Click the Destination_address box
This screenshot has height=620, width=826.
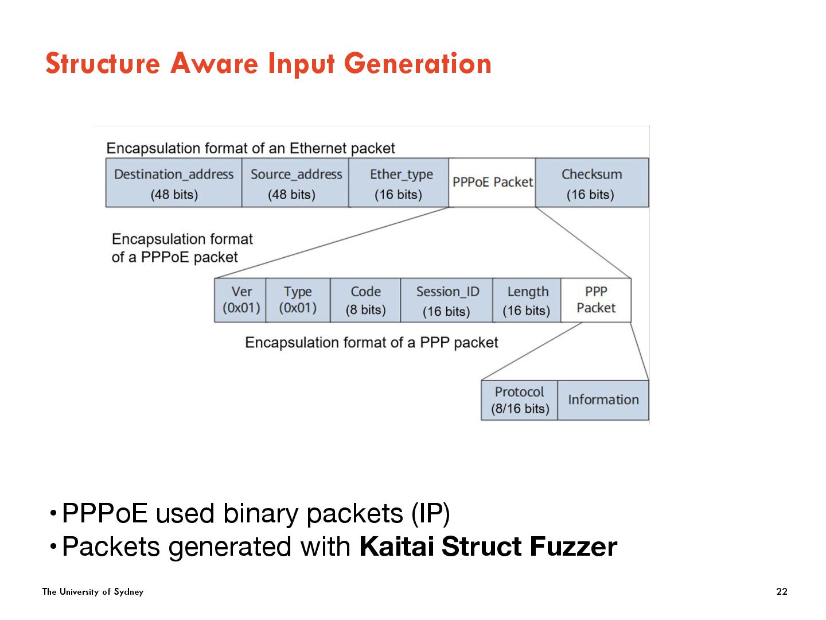click(174, 183)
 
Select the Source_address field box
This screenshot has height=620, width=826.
click(295, 183)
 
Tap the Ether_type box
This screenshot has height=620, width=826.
click(399, 183)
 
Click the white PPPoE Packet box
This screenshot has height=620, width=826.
click(492, 183)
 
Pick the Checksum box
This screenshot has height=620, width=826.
click(591, 183)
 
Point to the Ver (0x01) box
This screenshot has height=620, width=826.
click(241, 300)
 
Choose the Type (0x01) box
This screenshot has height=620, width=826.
click(298, 300)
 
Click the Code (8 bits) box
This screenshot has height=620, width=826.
click(365, 300)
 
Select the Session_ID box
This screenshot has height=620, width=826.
click(447, 300)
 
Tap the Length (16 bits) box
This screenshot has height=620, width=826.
click(527, 300)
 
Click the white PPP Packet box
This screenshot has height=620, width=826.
click(596, 300)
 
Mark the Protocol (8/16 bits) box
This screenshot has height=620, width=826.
click(520, 400)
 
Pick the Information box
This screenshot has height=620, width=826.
click(603, 400)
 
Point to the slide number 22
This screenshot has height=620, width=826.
click(782, 591)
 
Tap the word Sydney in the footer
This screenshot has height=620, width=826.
click(128, 592)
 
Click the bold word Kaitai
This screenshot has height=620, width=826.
click(396, 547)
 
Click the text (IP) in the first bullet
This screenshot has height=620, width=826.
click(430, 513)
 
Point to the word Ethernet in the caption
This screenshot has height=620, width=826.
click(318, 149)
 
